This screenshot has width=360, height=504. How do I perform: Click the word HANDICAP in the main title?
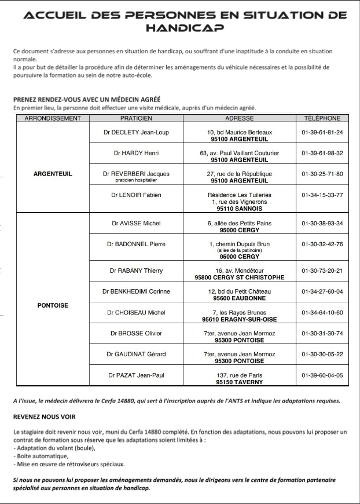(x=185, y=27)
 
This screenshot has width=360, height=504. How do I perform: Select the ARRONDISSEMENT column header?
(x=53, y=118)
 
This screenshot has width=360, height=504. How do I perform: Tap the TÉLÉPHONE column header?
(x=322, y=118)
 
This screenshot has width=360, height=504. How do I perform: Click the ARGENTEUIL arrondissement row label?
(x=53, y=174)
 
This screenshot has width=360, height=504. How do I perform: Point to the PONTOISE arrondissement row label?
(x=53, y=305)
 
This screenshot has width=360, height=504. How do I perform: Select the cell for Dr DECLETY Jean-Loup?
(x=136, y=132)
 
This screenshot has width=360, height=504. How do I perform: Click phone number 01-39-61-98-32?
(x=322, y=154)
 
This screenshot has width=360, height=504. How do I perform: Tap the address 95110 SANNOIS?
(x=239, y=209)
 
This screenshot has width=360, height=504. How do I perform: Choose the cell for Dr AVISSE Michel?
(x=136, y=224)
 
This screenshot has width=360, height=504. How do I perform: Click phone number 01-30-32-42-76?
(x=322, y=244)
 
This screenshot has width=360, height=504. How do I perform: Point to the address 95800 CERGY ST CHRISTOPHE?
(x=239, y=277)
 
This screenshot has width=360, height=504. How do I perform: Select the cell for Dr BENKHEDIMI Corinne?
(x=136, y=291)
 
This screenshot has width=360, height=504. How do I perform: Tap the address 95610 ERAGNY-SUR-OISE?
(x=239, y=319)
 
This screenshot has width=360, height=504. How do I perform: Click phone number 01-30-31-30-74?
(x=322, y=334)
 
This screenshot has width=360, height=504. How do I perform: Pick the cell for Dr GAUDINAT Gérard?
(x=136, y=354)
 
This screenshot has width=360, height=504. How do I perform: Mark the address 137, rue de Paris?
(x=239, y=375)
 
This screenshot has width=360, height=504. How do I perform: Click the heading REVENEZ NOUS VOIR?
(x=44, y=417)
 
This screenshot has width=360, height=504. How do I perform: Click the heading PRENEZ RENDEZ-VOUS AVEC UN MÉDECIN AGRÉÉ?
(x=86, y=99)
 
